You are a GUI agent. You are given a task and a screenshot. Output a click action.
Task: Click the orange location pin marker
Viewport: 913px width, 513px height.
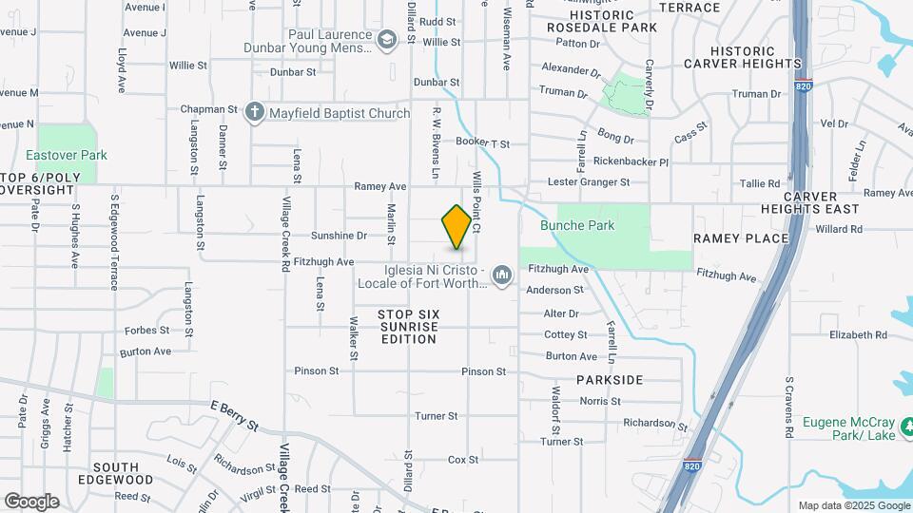[456, 227]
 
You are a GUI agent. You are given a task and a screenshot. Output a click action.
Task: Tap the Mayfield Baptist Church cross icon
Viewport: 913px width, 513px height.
[254, 113]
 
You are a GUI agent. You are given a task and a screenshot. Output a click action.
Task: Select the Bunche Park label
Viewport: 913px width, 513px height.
[577, 226]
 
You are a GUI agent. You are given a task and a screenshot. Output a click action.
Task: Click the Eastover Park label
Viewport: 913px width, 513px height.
[67, 155]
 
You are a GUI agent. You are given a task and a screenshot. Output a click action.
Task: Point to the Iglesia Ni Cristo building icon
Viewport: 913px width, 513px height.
[503, 275]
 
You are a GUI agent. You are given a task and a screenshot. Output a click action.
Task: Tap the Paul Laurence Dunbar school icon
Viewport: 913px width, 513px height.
[386, 39]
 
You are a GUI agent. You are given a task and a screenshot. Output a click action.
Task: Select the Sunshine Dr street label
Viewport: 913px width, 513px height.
[339, 236]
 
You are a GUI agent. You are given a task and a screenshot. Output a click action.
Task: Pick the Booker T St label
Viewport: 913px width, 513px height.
[482, 142]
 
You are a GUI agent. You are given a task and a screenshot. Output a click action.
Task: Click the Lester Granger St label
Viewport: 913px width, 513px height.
[589, 181]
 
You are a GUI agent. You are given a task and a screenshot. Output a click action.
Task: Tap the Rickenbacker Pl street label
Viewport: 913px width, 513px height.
[631, 161]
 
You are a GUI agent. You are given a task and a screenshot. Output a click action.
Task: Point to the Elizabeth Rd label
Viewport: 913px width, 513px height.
[858, 335]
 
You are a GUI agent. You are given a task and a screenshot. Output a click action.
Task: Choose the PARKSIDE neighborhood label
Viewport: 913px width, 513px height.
[610, 380]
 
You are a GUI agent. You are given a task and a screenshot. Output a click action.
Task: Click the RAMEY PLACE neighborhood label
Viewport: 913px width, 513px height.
[741, 238]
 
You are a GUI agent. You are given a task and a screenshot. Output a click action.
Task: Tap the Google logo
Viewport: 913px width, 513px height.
[30, 502]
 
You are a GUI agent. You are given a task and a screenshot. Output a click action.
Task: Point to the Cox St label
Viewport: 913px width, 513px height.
[463, 460]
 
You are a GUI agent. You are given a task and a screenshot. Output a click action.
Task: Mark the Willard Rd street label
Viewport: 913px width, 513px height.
[838, 229]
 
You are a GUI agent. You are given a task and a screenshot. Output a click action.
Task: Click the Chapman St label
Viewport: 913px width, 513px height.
[210, 110]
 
